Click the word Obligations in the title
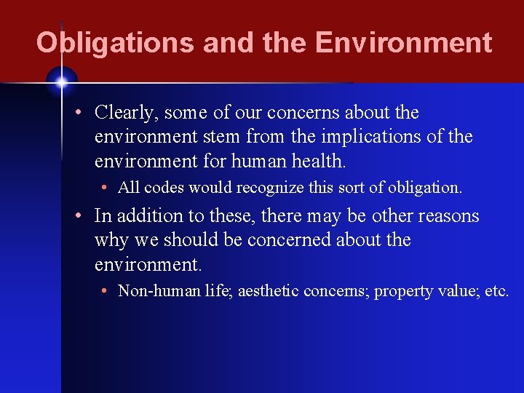(x=115, y=43)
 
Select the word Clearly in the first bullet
(x=127, y=113)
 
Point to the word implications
(x=373, y=137)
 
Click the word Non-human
(x=156, y=291)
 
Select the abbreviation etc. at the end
(x=496, y=291)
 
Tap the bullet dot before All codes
(x=106, y=188)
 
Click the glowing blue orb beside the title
(x=61, y=82)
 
